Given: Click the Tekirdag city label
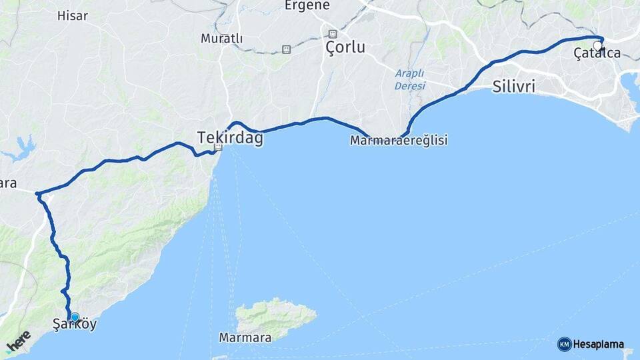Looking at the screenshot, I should pos(230,138).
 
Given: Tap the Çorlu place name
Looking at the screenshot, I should pos(345,47).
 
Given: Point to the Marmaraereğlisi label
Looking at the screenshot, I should pos(399,141).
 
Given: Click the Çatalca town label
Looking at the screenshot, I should pos(597,54).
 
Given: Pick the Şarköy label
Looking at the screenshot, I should pos(74,325).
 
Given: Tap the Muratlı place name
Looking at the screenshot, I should pos(221,39).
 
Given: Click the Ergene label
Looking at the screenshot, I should pos(307,5).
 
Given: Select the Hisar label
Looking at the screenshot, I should pos(73,15).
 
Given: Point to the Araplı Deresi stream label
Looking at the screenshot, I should pos(409,79).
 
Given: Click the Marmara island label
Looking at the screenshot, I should pos(245,338).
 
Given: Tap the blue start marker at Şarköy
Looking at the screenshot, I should pos(75,318).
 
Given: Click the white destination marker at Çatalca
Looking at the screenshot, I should pos(597,46).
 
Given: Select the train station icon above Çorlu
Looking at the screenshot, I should pos(332,33).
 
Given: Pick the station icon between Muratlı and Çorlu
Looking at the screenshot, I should pos(286,49).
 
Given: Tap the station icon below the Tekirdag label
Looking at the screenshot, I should pos(218,147).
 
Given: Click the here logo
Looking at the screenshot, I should pos(18,341).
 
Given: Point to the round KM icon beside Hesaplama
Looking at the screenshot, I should pos(564,344).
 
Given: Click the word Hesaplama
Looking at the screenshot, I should pos(598,345).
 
